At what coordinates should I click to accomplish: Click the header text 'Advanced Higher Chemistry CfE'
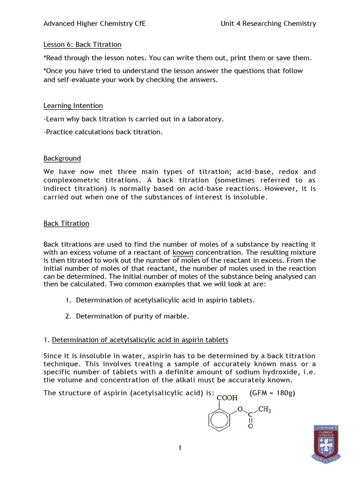tap(94, 23)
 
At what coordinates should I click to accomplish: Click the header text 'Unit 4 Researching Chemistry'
tap(268, 23)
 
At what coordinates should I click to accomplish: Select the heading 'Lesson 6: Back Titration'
tap(82, 45)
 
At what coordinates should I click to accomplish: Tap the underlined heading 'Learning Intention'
tap(73, 105)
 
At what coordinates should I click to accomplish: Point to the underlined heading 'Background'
tap(62, 158)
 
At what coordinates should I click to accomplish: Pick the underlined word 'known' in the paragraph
tap(183, 253)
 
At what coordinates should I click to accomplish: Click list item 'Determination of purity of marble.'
tap(132, 316)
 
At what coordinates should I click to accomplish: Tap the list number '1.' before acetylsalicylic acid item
tap(68, 300)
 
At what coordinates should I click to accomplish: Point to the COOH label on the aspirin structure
tap(226, 397)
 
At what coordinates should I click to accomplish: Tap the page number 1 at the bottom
tap(180, 448)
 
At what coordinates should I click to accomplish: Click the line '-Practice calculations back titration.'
tap(103, 132)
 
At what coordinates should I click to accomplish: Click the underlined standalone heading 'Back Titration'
tap(66, 223)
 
